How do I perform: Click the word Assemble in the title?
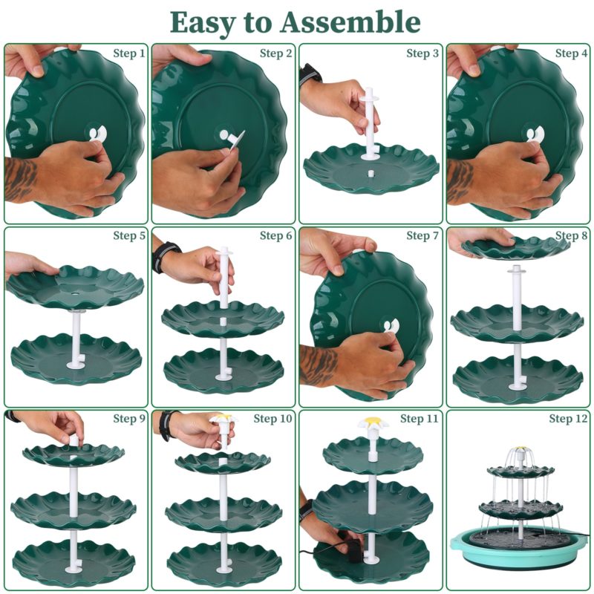pos(350,22)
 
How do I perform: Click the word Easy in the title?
pos(202,24)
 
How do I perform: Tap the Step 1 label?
pos(129,53)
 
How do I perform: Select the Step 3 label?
pos(422,53)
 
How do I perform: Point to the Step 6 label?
pos(275,235)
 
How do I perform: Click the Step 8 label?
pos(571,235)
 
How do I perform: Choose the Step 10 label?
pos(272,419)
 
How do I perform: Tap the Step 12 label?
pos(568,419)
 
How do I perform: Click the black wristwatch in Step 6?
pos(166,256)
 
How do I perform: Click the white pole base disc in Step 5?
pos(76,365)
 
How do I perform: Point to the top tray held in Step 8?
pos(516,247)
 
